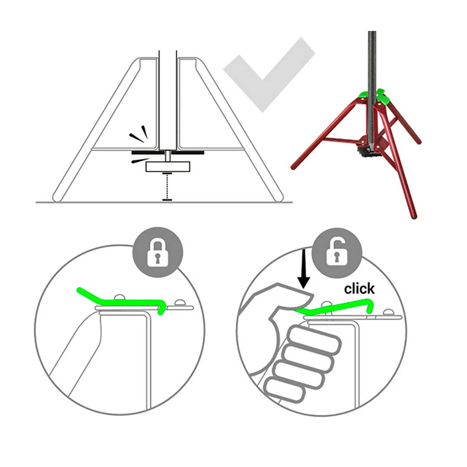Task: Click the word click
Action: [359, 289]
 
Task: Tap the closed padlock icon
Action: [158, 252]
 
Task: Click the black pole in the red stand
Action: [372, 87]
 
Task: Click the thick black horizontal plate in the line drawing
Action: [168, 153]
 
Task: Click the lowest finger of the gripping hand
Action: [285, 389]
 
